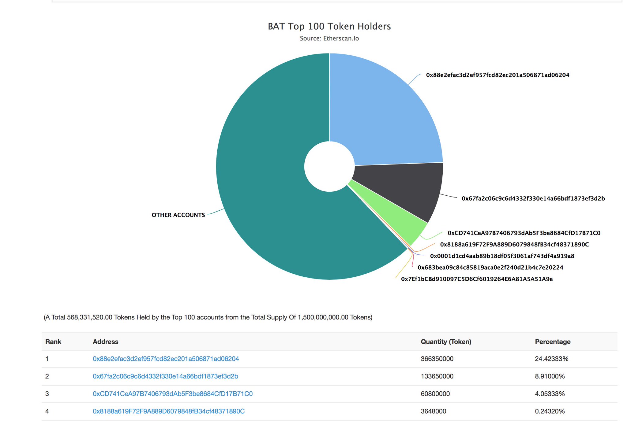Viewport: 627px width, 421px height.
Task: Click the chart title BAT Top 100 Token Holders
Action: point(329,26)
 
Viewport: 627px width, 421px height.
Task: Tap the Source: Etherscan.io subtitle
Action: point(329,39)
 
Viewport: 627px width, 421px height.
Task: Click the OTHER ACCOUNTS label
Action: point(178,215)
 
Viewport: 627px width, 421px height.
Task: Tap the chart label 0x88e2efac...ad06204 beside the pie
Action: point(497,75)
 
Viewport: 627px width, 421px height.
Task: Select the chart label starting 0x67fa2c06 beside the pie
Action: point(533,198)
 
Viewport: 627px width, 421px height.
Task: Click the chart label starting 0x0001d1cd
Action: point(502,256)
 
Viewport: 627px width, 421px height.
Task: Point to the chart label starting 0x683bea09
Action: point(490,268)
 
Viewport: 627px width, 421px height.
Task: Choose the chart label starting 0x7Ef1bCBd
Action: point(477,279)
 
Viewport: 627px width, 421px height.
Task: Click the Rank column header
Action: point(53,342)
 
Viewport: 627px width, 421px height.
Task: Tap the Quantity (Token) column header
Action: point(446,342)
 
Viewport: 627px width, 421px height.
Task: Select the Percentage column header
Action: point(553,342)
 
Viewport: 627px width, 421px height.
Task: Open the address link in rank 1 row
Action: point(166,359)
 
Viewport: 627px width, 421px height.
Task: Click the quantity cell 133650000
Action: point(437,376)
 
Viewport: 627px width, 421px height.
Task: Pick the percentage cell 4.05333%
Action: point(550,393)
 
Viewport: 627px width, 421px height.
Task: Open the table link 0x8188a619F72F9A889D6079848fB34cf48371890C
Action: point(169,411)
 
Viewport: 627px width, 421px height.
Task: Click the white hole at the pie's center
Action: point(329,166)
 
